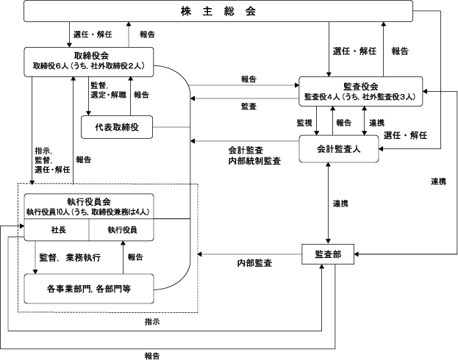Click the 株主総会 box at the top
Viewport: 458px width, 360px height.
(x=218, y=11)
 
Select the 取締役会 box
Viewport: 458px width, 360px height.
(x=88, y=62)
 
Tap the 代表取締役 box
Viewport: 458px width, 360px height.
(x=117, y=127)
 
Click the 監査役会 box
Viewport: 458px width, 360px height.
(x=361, y=91)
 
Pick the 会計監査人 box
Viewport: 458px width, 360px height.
(x=339, y=149)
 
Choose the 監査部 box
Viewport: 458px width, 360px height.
(x=328, y=254)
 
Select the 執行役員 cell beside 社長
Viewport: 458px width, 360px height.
(x=121, y=230)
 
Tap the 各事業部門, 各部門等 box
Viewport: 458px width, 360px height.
(x=88, y=289)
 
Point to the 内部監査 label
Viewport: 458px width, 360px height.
(x=254, y=263)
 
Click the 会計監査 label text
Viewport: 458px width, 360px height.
(x=246, y=151)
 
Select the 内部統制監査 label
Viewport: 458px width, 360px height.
(x=254, y=161)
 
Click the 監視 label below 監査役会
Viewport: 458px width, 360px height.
(x=304, y=123)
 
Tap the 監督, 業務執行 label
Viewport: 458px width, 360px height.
(x=70, y=258)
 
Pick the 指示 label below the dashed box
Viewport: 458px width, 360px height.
(x=152, y=322)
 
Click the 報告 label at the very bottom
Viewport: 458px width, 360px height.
(x=152, y=356)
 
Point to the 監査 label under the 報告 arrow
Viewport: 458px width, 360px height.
(x=248, y=107)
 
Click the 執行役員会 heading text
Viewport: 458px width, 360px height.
(x=88, y=202)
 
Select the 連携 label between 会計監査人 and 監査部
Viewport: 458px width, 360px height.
(x=340, y=204)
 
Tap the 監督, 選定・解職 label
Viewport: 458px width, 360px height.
(x=108, y=90)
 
